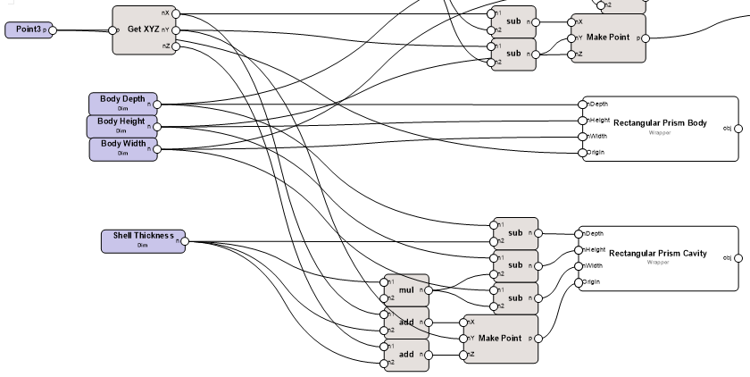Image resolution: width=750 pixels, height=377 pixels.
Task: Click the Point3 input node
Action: point(27,30)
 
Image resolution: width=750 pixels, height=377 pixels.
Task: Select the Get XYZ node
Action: point(143,29)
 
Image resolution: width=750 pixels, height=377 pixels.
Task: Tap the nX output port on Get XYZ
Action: point(176,13)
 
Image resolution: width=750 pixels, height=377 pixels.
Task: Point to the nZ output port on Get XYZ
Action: point(176,46)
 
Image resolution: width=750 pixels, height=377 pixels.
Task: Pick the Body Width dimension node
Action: point(122,147)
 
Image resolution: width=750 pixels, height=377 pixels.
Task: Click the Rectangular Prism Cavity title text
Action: point(657,254)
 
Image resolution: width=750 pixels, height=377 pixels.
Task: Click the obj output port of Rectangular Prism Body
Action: point(737,128)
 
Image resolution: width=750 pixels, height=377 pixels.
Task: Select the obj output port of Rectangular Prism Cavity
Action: point(737,258)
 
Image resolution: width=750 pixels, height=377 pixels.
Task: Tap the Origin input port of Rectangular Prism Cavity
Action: point(579,282)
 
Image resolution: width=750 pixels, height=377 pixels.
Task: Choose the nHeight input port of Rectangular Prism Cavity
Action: point(579,250)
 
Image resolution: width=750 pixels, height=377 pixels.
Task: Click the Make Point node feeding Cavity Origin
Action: point(499,339)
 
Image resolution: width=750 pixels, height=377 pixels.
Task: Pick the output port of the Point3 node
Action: point(53,30)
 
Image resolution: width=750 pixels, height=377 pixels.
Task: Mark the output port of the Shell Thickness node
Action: point(187,241)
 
